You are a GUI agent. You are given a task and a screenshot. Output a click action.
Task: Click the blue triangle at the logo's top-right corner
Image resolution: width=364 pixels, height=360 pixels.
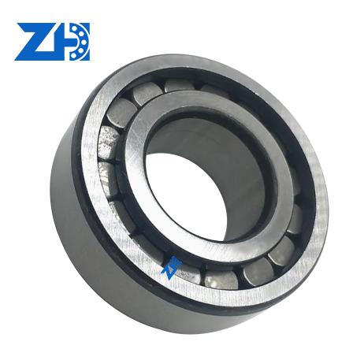point(86,27)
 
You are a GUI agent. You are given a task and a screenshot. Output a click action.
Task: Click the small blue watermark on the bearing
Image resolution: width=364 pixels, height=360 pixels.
point(171,267)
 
